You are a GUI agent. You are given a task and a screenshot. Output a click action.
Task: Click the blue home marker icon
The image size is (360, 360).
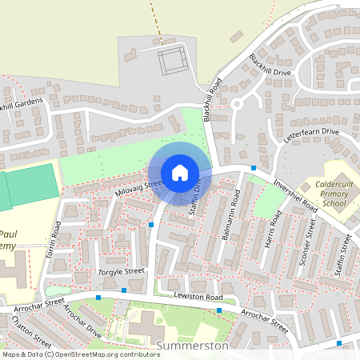180,172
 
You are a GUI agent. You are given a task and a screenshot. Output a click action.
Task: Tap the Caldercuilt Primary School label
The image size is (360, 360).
329,194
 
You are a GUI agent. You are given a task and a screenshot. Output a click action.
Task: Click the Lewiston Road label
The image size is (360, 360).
198,297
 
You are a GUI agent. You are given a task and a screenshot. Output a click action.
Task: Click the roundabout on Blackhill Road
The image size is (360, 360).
237,102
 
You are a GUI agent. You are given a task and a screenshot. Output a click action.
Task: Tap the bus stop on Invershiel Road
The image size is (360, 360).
253,168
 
